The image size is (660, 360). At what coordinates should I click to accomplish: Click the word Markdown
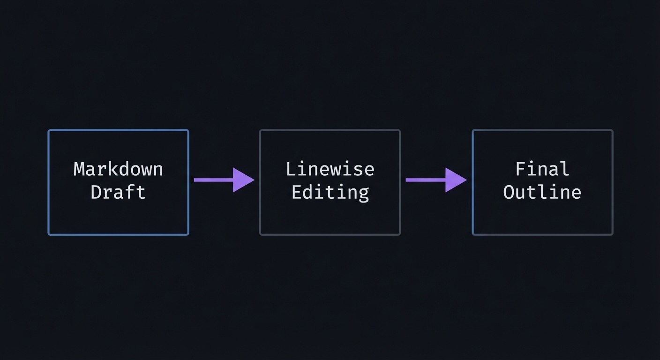click(x=118, y=169)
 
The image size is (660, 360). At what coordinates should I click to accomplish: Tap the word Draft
click(x=118, y=192)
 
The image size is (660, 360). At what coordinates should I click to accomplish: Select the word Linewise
click(x=330, y=169)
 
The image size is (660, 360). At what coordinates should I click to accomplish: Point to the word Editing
click(x=330, y=192)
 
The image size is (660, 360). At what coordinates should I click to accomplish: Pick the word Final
click(x=542, y=169)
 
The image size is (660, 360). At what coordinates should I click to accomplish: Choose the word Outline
click(x=542, y=192)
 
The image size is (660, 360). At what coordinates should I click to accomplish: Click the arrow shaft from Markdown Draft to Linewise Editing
click(x=213, y=180)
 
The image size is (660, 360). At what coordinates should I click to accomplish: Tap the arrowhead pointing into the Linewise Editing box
click(x=243, y=180)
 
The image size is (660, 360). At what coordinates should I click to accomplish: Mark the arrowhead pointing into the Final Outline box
click(x=455, y=180)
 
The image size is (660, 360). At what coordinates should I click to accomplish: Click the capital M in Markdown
click(x=79, y=169)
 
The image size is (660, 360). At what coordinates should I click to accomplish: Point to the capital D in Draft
click(x=96, y=192)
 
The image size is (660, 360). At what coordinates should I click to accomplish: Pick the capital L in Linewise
click(x=291, y=169)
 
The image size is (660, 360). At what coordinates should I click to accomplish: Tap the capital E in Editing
click(x=296, y=192)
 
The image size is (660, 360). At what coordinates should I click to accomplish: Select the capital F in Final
click(x=520, y=169)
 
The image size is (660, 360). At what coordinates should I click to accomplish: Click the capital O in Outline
click(x=509, y=192)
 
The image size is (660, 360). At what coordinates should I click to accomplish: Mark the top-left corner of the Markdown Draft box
click(x=49, y=131)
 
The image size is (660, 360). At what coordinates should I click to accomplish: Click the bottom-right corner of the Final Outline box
click(x=612, y=234)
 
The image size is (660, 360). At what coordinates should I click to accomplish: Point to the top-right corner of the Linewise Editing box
click(x=399, y=131)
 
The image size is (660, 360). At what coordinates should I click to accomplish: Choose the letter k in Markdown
click(x=113, y=169)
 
